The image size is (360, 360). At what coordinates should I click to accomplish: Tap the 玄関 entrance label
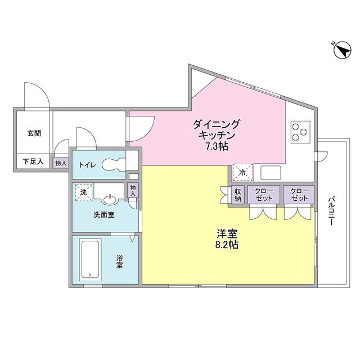point(34,134)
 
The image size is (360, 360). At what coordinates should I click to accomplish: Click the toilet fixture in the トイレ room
point(121,164)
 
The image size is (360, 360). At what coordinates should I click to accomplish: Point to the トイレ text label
point(88,165)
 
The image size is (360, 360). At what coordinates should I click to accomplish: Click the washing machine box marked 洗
point(83,192)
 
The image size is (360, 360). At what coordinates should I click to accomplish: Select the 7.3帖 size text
point(216,146)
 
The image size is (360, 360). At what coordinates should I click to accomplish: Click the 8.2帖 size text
point(226,245)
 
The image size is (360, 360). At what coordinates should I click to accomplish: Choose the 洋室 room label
point(226,232)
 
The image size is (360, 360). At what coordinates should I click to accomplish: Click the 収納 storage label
point(238,195)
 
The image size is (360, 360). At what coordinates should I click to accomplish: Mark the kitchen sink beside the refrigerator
point(272,172)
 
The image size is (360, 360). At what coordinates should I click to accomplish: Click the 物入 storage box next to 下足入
point(60,163)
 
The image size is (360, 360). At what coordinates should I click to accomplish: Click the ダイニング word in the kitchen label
point(217,124)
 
